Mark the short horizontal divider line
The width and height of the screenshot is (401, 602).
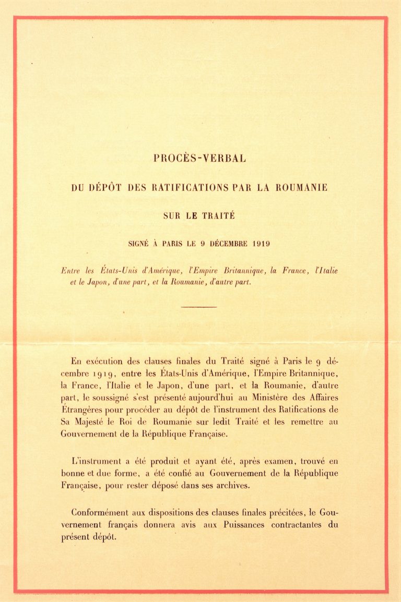click(x=199, y=307)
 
